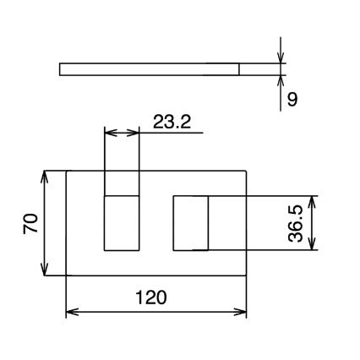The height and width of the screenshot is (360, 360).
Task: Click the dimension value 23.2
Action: click(x=172, y=122)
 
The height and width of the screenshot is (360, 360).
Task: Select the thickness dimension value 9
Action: click(x=292, y=99)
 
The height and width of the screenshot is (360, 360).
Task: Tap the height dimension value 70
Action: click(x=30, y=223)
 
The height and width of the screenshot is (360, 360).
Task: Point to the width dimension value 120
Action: click(x=151, y=297)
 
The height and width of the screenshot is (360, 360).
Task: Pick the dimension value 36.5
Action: click(x=296, y=224)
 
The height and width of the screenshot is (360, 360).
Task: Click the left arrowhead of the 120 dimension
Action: click(x=72, y=312)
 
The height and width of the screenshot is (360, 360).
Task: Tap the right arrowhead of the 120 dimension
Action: click(x=240, y=312)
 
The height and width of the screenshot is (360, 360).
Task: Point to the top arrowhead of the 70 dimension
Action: click(x=44, y=177)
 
